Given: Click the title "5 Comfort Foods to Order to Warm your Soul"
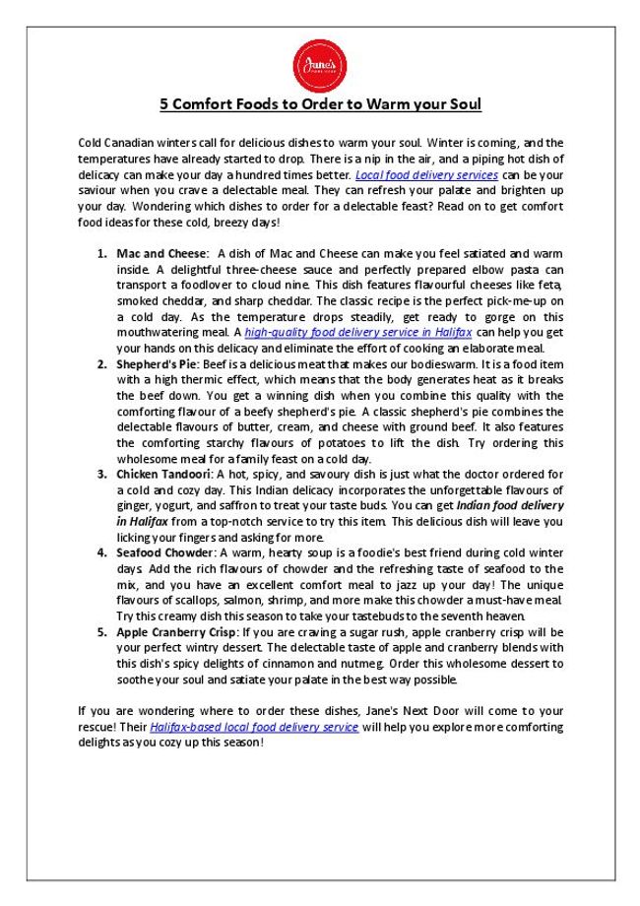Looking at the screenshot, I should (x=320, y=103).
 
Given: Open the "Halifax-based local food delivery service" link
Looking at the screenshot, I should (x=254, y=727).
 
